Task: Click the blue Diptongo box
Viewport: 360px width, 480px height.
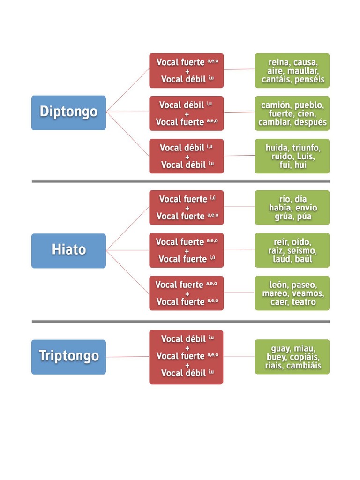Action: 68,112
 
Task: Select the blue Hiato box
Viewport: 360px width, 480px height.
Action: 68,250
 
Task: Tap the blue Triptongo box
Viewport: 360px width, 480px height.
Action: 68,357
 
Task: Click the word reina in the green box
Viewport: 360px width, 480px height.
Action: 279,62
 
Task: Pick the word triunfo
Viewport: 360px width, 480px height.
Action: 307,148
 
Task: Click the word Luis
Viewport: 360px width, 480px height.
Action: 306,157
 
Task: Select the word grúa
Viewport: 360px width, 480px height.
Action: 284,217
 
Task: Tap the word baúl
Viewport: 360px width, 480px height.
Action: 304,259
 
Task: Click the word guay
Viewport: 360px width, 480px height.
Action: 280,349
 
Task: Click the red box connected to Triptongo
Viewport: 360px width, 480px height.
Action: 186,357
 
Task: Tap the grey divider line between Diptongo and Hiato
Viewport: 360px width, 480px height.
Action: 180,181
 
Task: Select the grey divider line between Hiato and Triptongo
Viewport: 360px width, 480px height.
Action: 180,322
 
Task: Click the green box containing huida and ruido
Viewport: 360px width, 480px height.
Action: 292,156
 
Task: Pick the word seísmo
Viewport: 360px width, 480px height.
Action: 301,251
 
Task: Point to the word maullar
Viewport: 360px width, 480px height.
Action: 303,71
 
